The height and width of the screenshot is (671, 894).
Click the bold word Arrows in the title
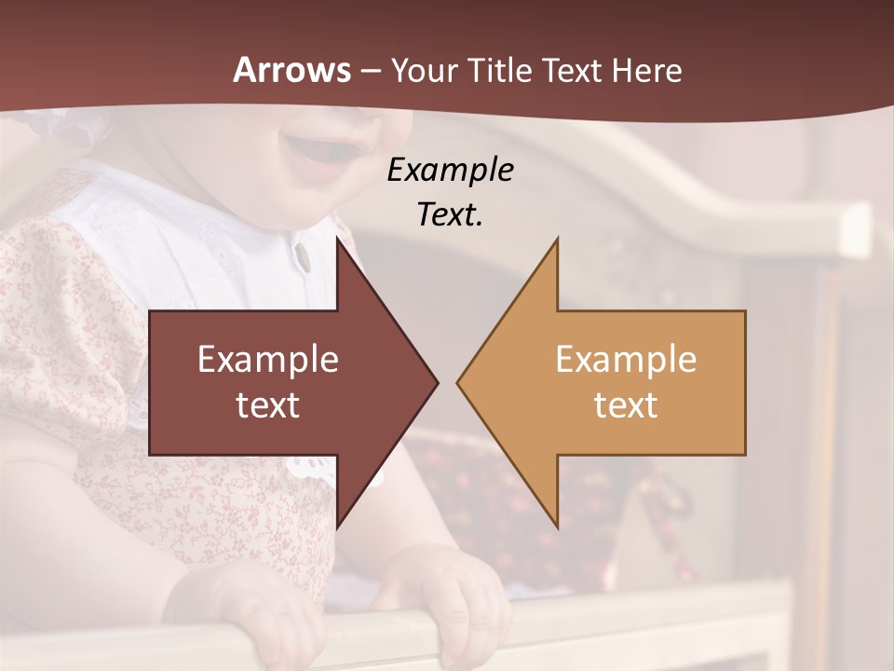click(x=291, y=70)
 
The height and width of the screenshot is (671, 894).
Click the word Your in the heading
click(x=423, y=71)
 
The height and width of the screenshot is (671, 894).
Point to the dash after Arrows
click(x=370, y=72)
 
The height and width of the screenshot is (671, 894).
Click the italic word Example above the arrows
click(x=450, y=170)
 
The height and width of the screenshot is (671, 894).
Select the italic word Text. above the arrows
click(x=450, y=214)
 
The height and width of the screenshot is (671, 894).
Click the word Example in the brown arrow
click(x=267, y=359)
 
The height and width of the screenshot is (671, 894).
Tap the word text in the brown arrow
click(x=267, y=404)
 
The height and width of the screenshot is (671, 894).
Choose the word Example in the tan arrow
click(x=626, y=359)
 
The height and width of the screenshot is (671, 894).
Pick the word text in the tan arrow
click(x=626, y=404)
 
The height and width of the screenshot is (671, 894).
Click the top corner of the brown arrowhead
click(x=337, y=240)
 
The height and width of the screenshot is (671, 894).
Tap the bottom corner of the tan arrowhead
click(x=557, y=527)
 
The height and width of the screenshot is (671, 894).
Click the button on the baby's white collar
click(x=300, y=254)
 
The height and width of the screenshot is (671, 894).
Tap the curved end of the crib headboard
click(x=852, y=228)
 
